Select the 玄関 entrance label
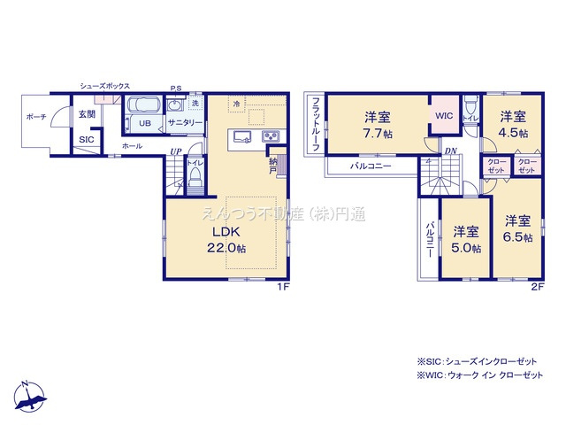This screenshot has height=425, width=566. point(86,114)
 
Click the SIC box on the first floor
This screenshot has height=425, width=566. point(86,140)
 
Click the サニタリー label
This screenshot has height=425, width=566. point(180,123)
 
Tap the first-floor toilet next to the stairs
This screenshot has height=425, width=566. point(195,177)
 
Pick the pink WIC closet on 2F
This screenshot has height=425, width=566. point(444,115)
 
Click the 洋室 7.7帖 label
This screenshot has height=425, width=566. point(378,124)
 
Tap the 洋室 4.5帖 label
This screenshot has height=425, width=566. point(511,124)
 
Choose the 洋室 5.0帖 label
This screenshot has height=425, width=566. point(467,239)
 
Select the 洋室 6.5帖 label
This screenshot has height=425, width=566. point(518,228)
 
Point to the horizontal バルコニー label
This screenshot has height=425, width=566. point(371,166)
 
